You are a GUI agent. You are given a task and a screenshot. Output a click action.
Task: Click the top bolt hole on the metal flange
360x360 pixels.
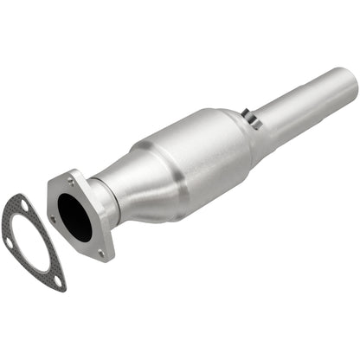68,179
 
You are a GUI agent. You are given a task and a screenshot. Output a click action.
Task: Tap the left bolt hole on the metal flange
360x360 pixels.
54,220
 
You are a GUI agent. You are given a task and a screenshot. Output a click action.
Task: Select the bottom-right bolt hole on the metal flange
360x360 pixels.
102,253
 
